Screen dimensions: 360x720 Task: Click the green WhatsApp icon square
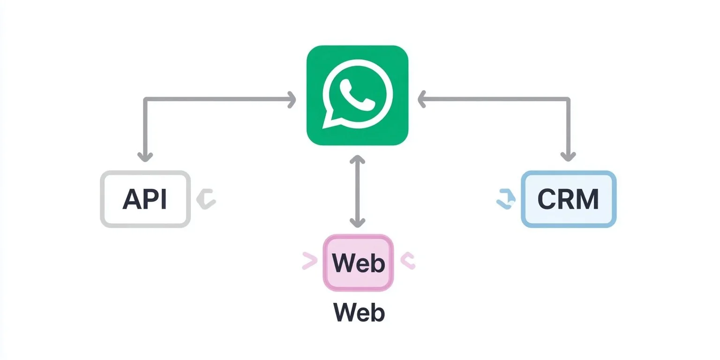(x=357, y=95)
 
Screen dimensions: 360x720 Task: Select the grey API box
(x=146, y=199)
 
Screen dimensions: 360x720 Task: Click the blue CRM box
(x=568, y=199)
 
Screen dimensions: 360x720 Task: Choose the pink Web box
(x=358, y=263)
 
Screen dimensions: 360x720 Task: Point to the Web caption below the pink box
(x=359, y=313)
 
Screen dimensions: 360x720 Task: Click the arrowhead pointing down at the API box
(x=146, y=157)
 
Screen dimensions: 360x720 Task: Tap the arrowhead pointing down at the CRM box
(x=568, y=157)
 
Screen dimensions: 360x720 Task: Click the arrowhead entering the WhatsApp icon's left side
(x=292, y=99)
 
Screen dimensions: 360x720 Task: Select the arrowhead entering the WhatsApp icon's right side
(x=422, y=99)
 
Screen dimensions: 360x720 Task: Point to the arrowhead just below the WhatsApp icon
(x=357, y=159)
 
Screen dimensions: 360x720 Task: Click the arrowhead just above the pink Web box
(x=357, y=222)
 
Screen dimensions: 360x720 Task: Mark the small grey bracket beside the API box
(x=206, y=199)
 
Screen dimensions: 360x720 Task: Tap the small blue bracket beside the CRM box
(x=506, y=199)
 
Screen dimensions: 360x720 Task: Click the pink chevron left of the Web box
(x=309, y=261)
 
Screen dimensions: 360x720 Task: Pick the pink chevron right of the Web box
(x=407, y=261)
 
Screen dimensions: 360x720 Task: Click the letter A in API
(x=132, y=199)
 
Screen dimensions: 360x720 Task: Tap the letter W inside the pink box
(x=342, y=263)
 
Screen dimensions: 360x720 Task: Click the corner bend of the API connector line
(x=146, y=99)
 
